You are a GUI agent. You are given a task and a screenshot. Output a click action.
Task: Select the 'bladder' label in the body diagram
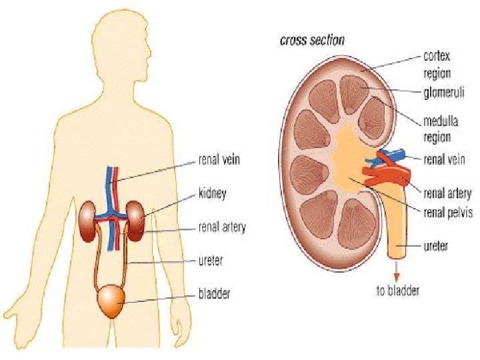tap(214, 293)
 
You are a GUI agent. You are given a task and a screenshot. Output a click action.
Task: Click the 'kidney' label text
tap(213, 194)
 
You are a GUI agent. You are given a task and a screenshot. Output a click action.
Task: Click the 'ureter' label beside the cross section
tap(436, 246)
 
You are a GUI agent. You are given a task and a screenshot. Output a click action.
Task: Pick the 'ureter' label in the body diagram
tap(211, 261)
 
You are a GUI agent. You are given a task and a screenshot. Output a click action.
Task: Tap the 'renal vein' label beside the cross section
tap(445, 159)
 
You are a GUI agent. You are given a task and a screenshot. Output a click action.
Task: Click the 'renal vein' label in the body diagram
tap(219, 160)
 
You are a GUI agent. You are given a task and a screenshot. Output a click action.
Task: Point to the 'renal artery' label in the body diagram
tap(222, 227)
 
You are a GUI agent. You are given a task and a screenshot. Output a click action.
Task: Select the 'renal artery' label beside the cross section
tap(448, 194)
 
